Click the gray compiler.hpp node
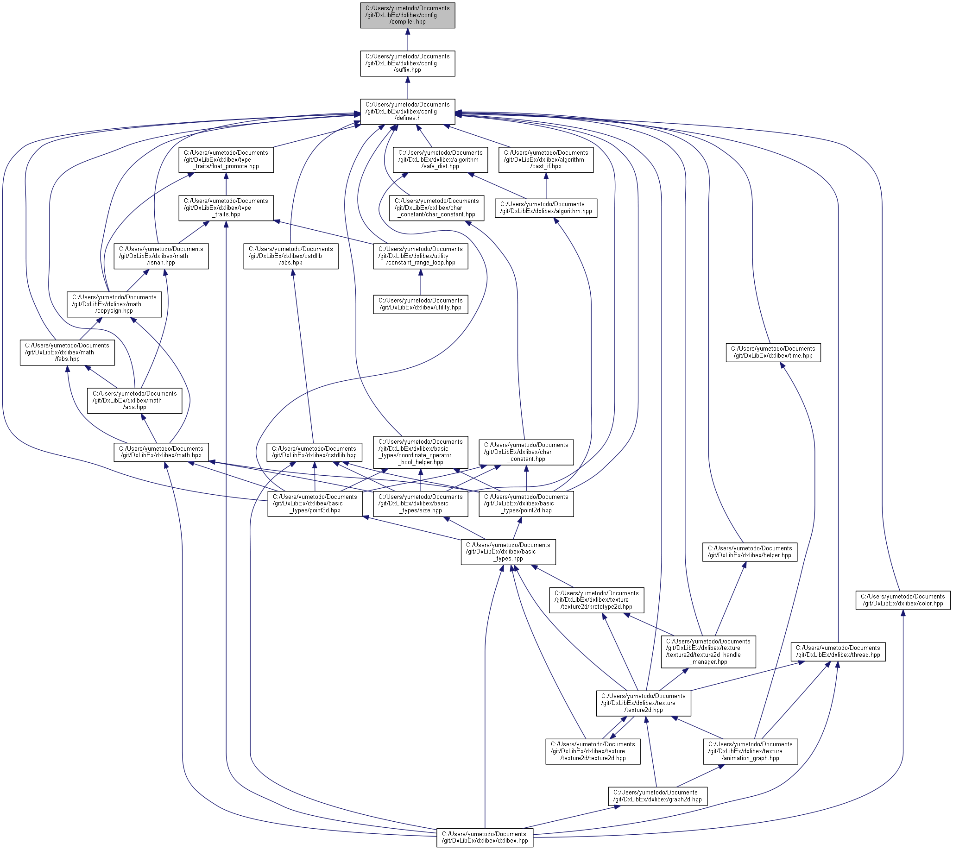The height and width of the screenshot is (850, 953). (x=407, y=15)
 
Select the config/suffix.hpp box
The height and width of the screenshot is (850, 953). (x=407, y=63)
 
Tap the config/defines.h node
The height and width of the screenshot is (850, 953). (x=407, y=112)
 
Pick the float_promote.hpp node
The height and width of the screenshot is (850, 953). (x=226, y=160)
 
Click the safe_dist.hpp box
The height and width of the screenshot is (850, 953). (x=440, y=160)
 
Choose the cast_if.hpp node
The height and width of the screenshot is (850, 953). (x=546, y=160)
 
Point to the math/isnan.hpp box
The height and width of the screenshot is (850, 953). (x=161, y=256)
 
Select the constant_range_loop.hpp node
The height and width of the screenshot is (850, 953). (x=421, y=256)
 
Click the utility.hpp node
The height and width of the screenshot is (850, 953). (x=421, y=304)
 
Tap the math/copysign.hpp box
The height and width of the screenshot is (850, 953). (x=114, y=304)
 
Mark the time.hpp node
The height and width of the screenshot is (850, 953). (x=773, y=352)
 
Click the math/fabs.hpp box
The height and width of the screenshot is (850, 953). (x=67, y=352)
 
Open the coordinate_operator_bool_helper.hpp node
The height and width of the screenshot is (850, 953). (x=421, y=452)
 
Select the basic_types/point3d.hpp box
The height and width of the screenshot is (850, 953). (x=315, y=504)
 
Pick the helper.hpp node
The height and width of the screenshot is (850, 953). (x=750, y=552)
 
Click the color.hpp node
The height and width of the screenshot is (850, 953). (x=903, y=600)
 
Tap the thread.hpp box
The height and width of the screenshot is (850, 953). (x=838, y=651)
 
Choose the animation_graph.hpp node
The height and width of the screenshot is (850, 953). (x=750, y=751)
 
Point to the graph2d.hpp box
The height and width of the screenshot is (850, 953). (x=657, y=796)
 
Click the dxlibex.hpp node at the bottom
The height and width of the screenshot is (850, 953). (x=485, y=837)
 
